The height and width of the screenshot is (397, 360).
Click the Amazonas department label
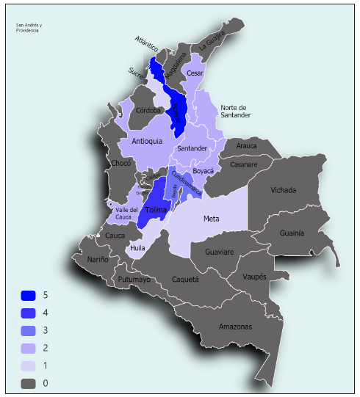coord(235,326)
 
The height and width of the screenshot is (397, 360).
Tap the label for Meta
coord(212,218)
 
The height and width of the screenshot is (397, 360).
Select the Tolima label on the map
coord(156,210)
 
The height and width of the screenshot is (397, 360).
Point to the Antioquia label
coord(147,142)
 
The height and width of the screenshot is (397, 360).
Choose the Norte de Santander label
coord(236,111)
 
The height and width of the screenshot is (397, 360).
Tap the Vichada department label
coord(284,190)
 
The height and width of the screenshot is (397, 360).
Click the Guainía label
coord(292,233)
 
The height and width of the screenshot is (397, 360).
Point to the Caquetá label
coord(186,280)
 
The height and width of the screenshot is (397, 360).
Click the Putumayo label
coord(134,280)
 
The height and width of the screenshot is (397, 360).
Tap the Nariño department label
coord(98,259)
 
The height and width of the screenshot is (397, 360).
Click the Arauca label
coord(247,145)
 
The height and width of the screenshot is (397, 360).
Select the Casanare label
coord(245,164)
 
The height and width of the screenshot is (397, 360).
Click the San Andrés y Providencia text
coord(29,29)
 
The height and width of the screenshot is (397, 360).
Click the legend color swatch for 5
coord(29,296)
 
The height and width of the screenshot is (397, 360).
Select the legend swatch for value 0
coord(29,383)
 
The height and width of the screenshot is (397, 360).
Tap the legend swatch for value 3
coord(29,330)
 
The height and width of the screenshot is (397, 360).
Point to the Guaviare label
coord(218,252)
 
